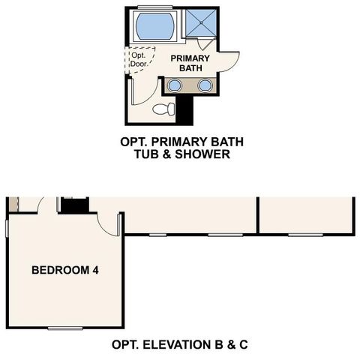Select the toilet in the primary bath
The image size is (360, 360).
(x=163, y=109)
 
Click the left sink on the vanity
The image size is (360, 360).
(x=174, y=85)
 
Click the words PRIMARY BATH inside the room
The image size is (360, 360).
(x=188, y=63)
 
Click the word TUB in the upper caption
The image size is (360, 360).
(x=148, y=155)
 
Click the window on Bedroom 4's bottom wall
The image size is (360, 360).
(x=65, y=328)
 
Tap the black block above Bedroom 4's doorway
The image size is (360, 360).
(x=74, y=205)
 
